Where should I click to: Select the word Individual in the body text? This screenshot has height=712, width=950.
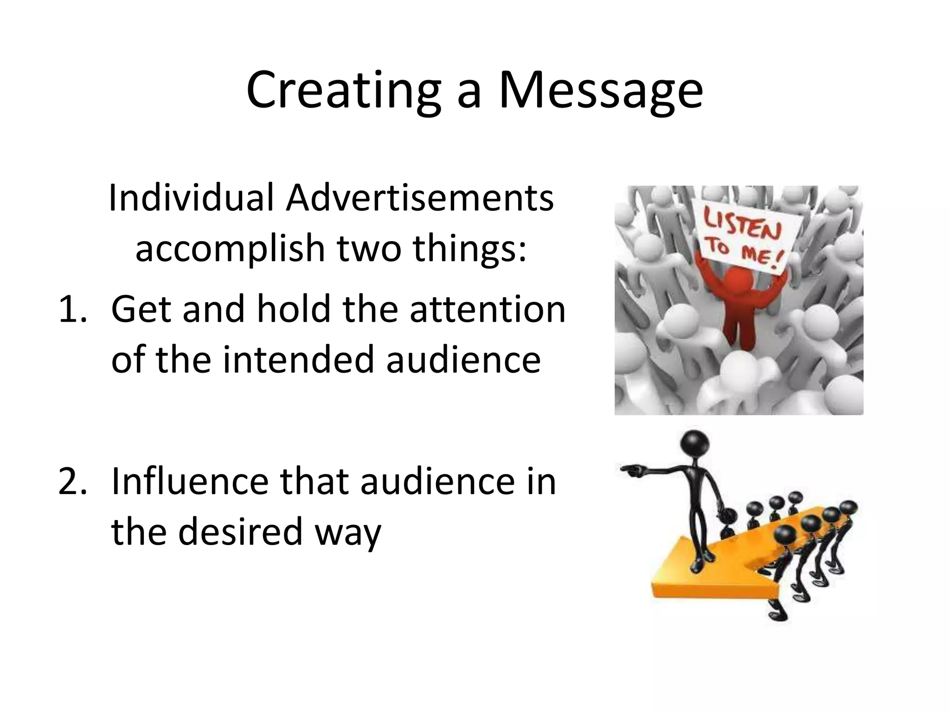[190, 198]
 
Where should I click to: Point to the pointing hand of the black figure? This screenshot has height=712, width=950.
[632, 471]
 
